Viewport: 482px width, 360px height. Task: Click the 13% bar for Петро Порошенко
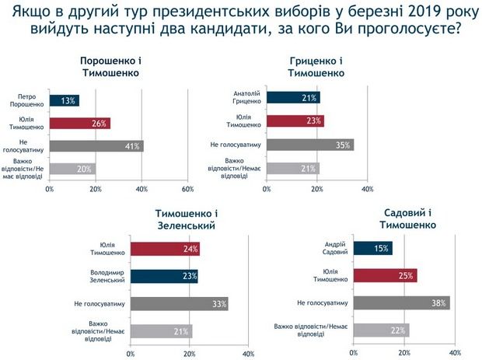[64, 100]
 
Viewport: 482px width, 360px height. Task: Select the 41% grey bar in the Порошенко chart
[96, 145]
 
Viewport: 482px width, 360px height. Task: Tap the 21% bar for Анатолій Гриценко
[293, 97]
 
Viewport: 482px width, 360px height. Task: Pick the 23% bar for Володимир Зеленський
[164, 276]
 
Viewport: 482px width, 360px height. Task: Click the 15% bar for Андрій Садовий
[372, 249]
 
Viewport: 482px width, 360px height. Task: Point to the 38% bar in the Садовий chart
[400, 302]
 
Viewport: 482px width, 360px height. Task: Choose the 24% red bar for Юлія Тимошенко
[165, 250]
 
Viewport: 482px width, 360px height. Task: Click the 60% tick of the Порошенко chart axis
[187, 189]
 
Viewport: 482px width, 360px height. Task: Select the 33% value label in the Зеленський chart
[218, 303]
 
